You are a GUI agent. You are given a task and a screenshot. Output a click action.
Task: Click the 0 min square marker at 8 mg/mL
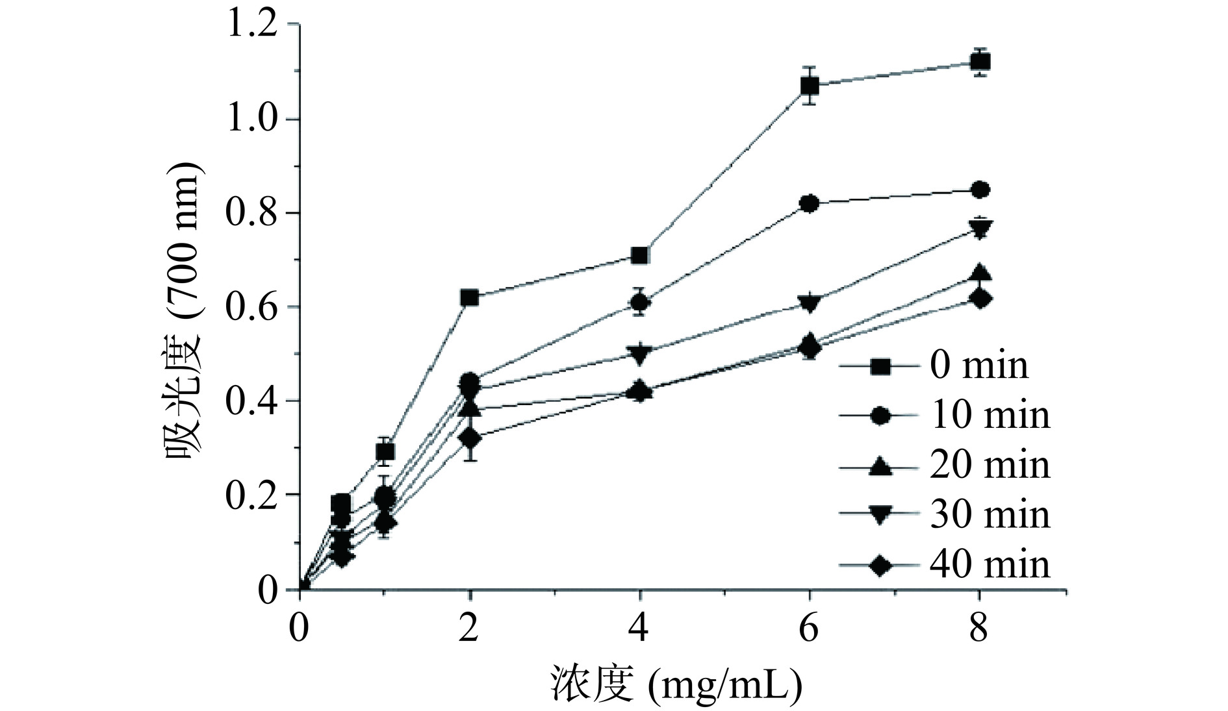coord(979,62)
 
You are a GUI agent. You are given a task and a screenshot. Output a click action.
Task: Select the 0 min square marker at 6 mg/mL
coord(810,86)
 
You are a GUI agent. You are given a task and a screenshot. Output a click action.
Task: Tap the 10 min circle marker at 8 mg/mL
coord(979,190)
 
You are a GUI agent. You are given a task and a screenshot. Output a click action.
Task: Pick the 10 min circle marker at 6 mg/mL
coord(810,204)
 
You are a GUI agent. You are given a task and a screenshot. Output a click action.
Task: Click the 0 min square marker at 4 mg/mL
coord(640,255)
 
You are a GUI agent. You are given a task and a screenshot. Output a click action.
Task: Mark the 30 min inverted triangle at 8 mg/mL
coord(979,229)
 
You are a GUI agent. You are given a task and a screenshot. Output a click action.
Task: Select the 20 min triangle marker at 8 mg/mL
coord(979,273)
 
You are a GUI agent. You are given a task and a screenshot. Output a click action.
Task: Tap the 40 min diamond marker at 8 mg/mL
coord(979,299)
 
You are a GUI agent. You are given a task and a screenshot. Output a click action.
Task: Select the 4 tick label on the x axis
coord(640,629)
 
